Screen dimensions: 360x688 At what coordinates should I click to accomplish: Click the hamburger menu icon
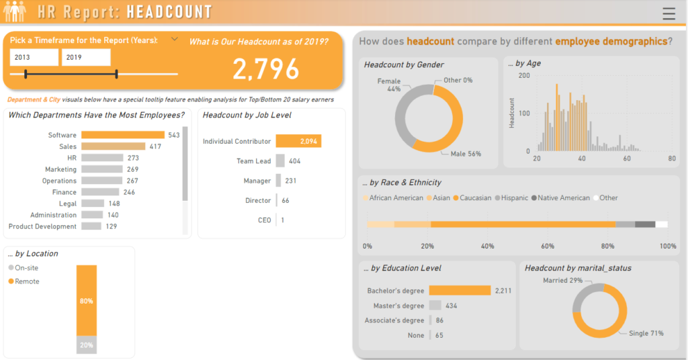coord(669,13)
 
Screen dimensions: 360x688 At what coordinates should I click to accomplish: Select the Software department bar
coord(123,135)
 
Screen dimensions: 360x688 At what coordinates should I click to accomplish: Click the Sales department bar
coord(114,146)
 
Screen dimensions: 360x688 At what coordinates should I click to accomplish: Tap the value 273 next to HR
coord(134,158)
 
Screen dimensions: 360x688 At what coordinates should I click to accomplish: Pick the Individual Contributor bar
coord(298,141)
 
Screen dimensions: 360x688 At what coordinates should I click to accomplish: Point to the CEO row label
coord(264,220)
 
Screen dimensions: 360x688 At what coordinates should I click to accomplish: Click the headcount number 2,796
coord(266,69)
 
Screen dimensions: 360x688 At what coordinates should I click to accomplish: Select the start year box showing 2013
coord(34,58)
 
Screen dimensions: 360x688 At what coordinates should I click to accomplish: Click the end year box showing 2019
coord(85,58)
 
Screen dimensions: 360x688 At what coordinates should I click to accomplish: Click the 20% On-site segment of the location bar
coord(87,345)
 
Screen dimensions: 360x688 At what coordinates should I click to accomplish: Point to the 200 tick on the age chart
coord(524,76)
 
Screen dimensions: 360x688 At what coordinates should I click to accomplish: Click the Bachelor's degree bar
coord(460,291)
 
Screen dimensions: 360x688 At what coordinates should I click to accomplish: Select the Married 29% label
coord(562,280)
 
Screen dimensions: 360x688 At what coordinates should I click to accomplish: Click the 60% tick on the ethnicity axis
coord(548,246)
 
